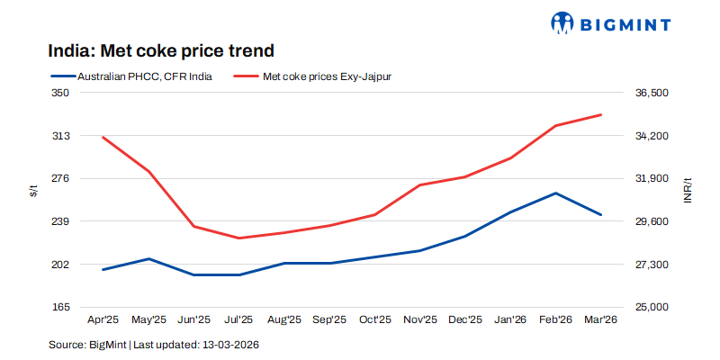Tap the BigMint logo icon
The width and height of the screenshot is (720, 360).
point(563,23)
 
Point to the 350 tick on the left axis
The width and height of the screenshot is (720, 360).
point(60,93)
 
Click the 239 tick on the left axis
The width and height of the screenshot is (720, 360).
point(60,221)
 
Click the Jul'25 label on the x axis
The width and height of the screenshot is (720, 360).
point(239,319)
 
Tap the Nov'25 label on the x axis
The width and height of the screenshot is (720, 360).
point(420,319)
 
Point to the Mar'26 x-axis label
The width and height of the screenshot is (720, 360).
point(600,319)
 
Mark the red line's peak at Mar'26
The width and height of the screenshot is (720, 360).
point(600,115)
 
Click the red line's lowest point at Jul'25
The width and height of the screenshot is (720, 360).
point(239,238)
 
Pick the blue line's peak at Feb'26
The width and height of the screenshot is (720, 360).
point(555,193)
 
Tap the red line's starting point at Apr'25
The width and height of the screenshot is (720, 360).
point(104,137)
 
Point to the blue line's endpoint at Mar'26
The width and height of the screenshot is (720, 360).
point(600,215)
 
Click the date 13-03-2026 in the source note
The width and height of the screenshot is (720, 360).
point(231,344)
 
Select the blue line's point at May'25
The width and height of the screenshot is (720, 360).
point(149,258)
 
